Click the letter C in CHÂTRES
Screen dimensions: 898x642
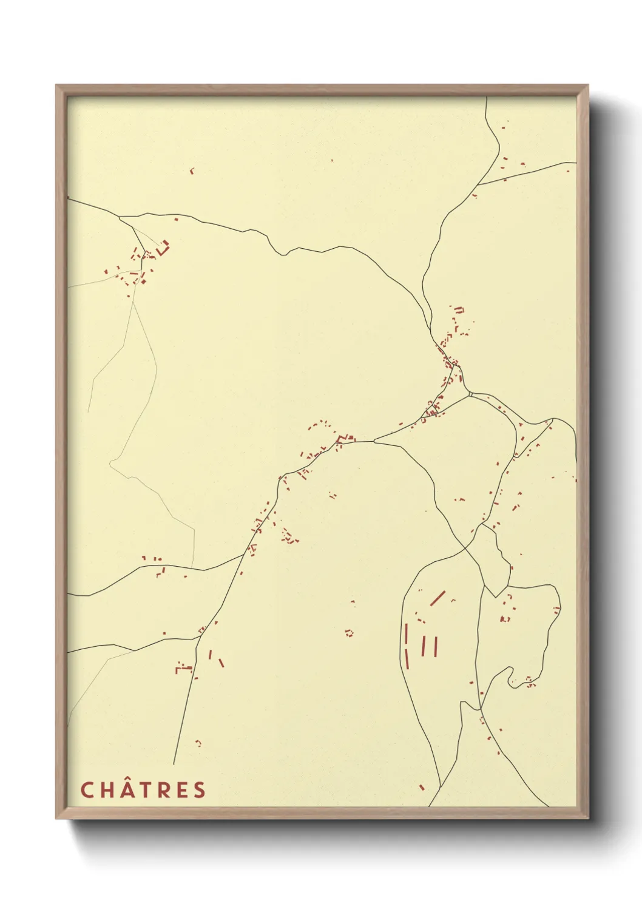(87, 790)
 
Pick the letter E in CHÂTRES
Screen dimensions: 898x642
(181, 790)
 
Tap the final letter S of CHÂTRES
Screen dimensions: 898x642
(200, 790)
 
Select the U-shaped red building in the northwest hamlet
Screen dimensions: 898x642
(163, 248)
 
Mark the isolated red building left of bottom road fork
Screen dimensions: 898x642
(421, 788)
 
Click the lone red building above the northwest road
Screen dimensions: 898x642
(192, 171)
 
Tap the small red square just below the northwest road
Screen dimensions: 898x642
(176, 219)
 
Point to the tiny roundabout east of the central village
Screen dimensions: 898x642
(470, 394)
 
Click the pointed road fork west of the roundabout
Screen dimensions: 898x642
(374, 441)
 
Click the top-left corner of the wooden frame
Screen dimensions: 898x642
(57, 86)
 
